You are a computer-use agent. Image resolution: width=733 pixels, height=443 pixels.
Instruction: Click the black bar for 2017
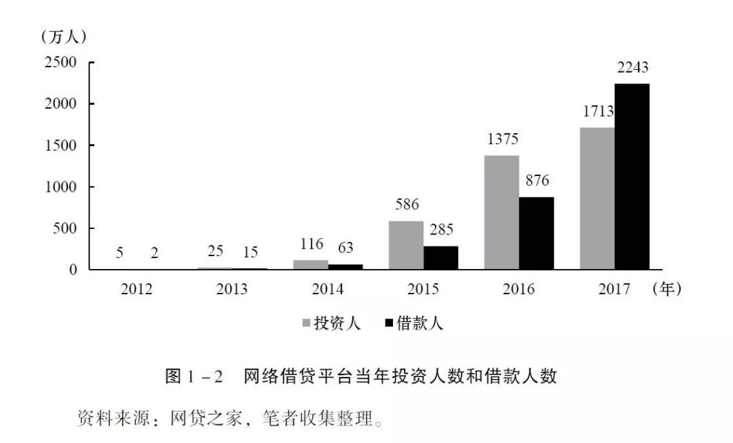632,177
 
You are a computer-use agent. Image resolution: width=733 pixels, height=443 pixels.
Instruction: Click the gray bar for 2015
406,245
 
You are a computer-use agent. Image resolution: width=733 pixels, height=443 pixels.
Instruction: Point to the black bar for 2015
440,258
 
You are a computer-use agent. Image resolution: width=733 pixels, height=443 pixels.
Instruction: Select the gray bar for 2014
311,264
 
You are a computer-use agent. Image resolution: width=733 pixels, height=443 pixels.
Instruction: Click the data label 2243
633,67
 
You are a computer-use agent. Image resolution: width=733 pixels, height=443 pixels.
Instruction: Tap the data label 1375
502,139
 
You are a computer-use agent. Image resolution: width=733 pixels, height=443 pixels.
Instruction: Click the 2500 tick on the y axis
60,63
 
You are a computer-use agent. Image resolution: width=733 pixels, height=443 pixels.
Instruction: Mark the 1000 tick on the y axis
60,187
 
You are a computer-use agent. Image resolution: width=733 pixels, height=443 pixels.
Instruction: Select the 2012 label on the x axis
136,289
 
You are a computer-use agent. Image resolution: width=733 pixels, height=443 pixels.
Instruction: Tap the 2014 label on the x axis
327,289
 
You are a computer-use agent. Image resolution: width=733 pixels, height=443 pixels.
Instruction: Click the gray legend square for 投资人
306,323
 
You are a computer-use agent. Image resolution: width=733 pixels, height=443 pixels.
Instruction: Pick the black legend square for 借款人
389,323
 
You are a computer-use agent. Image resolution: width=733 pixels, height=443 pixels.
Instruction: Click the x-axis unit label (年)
666,289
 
